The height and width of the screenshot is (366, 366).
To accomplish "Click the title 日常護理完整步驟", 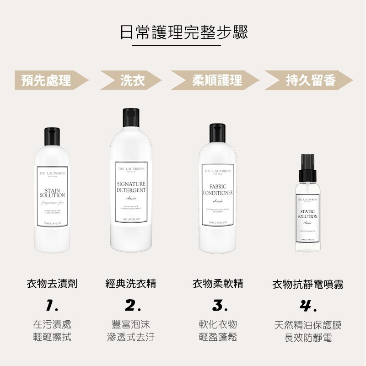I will click(183, 32).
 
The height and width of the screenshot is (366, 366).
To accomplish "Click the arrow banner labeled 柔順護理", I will click(214, 81).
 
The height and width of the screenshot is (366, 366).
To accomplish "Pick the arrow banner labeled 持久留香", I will click(310, 81).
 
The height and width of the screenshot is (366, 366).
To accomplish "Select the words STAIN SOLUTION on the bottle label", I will click(52, 193).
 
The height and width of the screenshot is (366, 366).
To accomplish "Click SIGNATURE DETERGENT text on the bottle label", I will click(131, 187).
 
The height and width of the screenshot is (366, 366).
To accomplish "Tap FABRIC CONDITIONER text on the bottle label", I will click(218, 190).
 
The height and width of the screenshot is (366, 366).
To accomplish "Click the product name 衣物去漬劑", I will click(52, 284).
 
